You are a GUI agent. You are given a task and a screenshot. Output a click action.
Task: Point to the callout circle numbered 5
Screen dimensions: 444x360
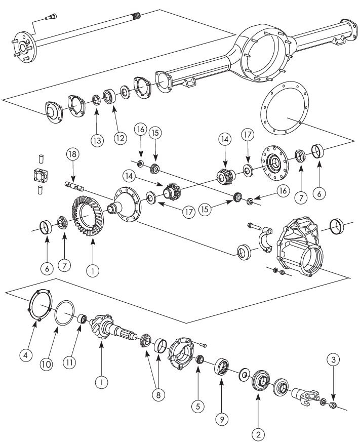[x=198, y=405]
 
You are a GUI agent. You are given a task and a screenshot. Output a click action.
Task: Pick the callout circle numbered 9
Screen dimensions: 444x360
[x=221, y=418]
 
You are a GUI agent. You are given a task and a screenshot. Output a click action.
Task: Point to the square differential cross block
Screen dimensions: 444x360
[x=38, y=176]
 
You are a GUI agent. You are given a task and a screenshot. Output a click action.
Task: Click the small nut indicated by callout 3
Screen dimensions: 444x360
[x=334, y=405]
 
